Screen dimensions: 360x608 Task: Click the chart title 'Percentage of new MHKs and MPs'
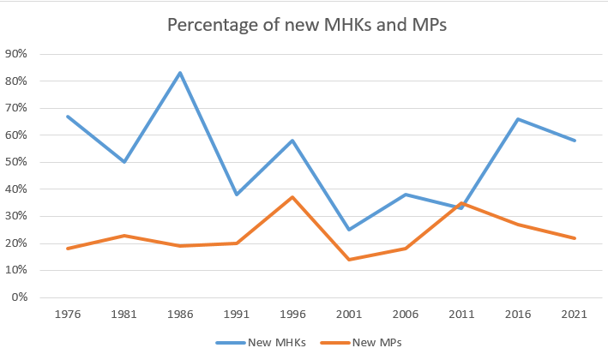pyautogui.click(x=307, y=25)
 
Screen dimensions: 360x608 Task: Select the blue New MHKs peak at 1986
pyautogui.click(x=180, y=73)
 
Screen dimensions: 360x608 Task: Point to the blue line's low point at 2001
pyautogui.click(x=349, y=230)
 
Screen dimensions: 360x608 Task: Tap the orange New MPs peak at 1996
pyautogui.click(x=292, y=197)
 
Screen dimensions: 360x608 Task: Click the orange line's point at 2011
pyautogui.click(x=462, y=203)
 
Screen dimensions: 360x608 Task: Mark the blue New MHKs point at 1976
pyautogui.click(x=67, y=117)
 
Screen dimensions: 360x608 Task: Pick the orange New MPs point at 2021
pyautogui.click(x=575, y=238)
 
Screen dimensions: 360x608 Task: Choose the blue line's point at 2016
pyautogui.click(x=518, y=119)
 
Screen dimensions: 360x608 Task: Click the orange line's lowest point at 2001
pyautogui.click(x=349, y=260)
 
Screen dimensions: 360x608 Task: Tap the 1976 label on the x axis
pyautogui.click(x=67, y=315)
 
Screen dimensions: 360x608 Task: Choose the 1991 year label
pyautogui.click(x=236, y=315)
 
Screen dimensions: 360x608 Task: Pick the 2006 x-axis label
pyautogui.click(x=406, y=315)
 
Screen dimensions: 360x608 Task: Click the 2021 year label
pyautogui.click(x=575, y=315)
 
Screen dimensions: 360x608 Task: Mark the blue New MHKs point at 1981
pyautogui.click(x=123, y=162)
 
